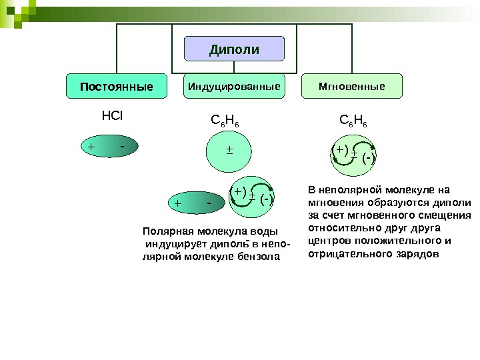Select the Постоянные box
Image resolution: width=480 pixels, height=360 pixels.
[x=117, y=87]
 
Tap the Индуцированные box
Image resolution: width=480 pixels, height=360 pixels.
[x=233, y=87]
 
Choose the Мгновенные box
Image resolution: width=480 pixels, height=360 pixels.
[x=352, y=87]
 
